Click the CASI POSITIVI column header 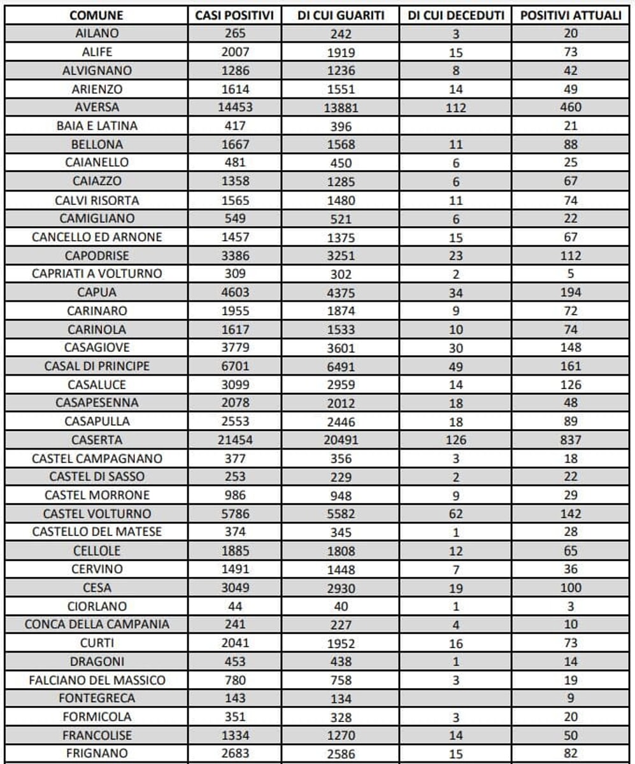pos(234,15)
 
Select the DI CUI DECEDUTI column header pos(456,15)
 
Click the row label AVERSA pos(97,108)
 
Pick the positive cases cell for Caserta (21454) pos(234,440)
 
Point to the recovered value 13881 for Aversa pos(341,108)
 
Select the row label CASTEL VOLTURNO pos(97,514)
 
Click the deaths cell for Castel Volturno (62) pos(456,514)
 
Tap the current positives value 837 pos(571,440)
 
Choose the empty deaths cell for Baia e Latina pos(456,126)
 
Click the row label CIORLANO pos(97,606)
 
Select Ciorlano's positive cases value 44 pos(234,606)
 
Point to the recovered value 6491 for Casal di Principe pos(341,366)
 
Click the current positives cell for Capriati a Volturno pos(571,274)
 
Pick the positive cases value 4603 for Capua pos(234,292)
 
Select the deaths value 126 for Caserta pos(456,440)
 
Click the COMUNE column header pos(97,15)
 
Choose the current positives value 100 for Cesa pos(571,588)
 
